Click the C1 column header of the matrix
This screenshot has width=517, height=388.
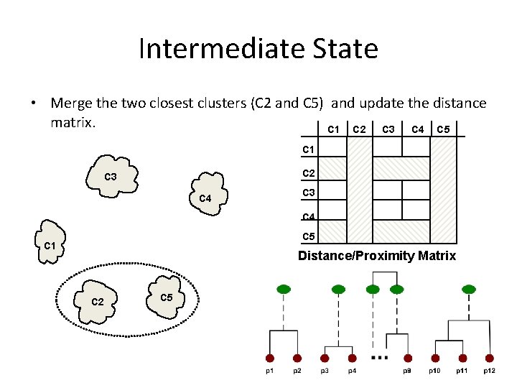[334, 129]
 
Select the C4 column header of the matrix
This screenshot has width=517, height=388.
[417, 129]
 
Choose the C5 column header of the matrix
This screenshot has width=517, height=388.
[444, 129]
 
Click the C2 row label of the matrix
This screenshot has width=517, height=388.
[309, 172]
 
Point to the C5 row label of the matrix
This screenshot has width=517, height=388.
[309, 236]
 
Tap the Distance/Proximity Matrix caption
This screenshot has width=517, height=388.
[376, 256]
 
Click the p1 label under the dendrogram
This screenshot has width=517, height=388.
[269, 371]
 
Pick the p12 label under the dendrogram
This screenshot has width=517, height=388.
[489, 371]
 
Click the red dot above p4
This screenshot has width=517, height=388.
[352, 358]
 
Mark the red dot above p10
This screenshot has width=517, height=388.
[434, 358]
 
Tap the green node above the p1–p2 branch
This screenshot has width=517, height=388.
[284, 289]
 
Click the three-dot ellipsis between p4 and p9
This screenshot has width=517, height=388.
[380, 357]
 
